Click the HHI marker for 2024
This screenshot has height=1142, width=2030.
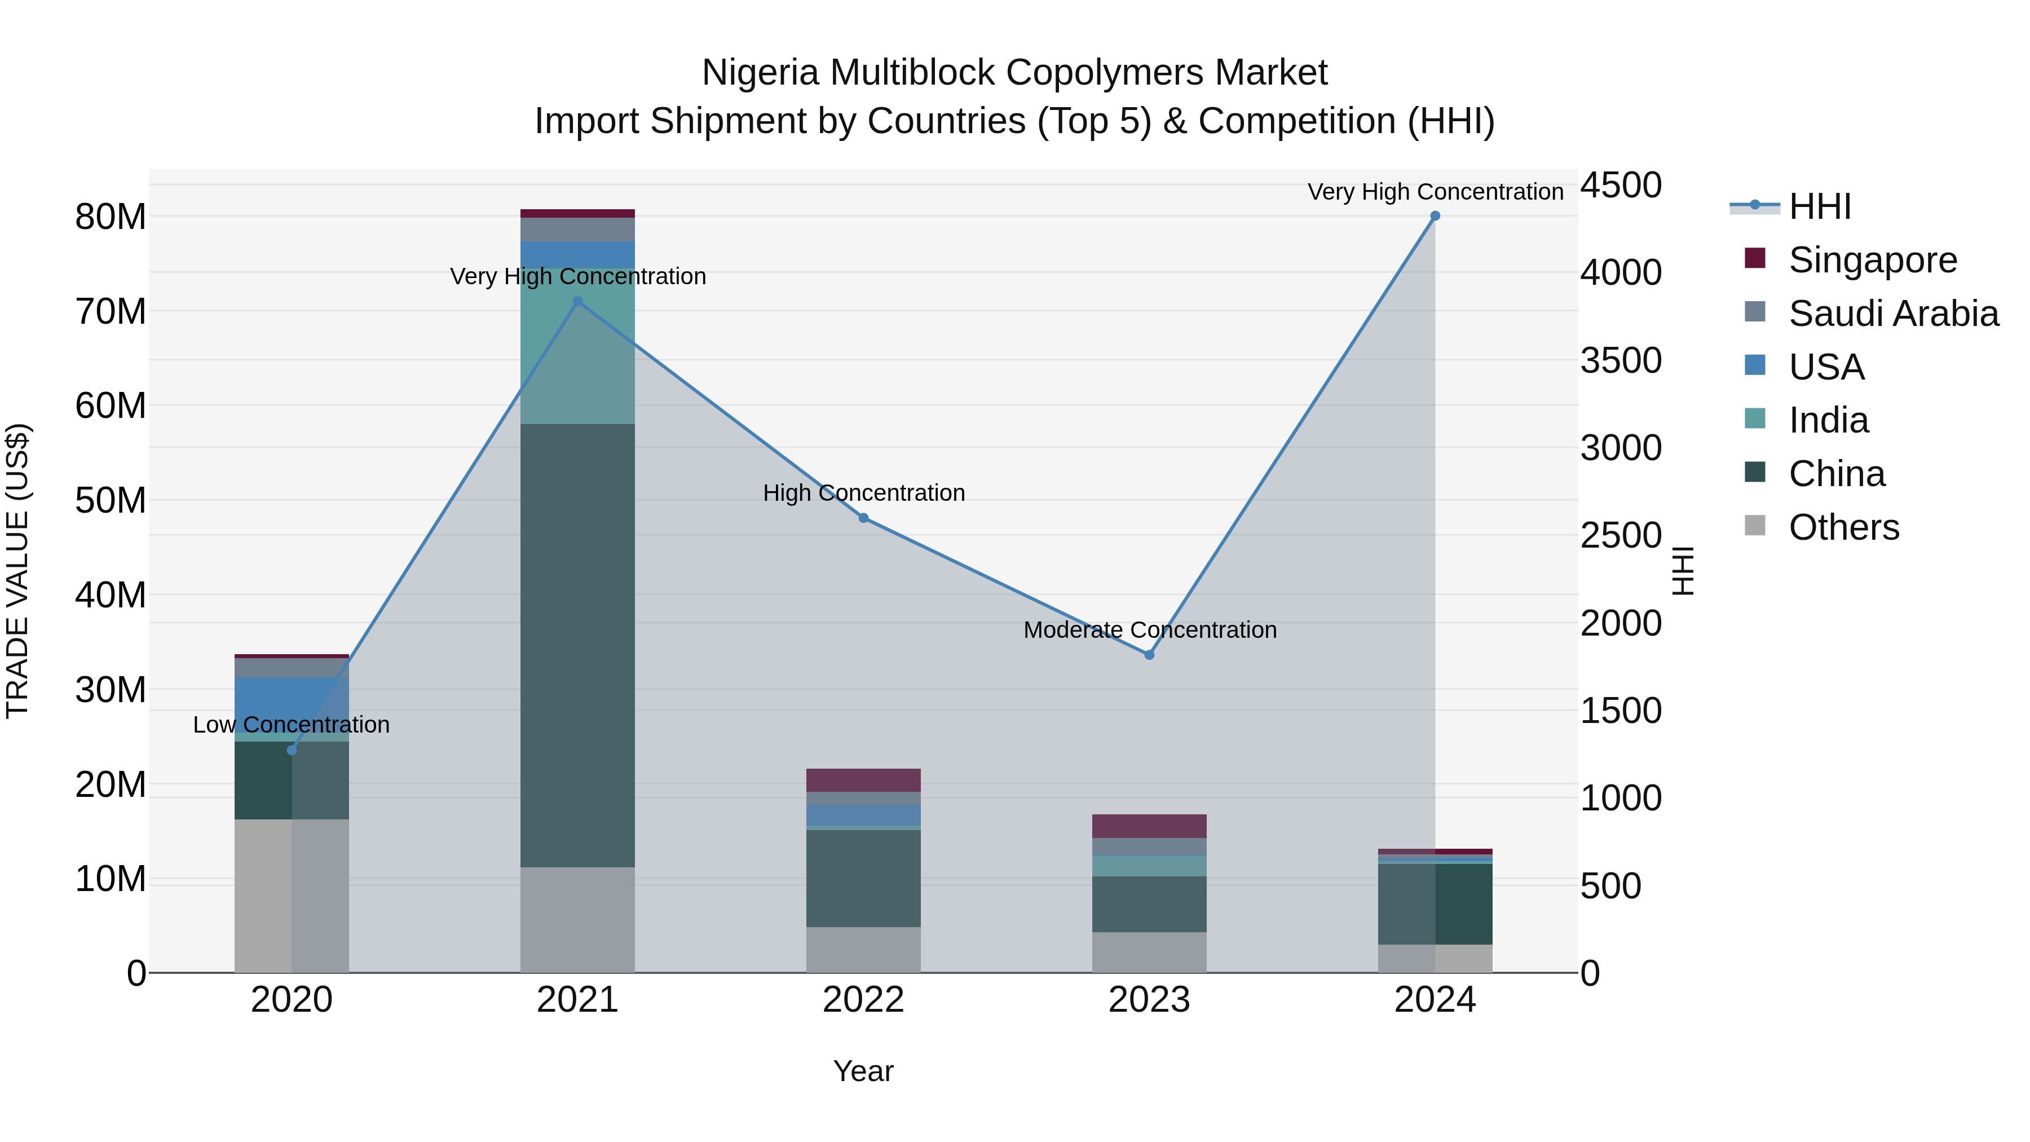pos(1435,216)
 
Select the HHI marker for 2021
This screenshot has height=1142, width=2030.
pos(577,302)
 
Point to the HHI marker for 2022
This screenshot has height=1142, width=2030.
pos(864,518)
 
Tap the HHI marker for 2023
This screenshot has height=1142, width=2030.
pos(1149,655)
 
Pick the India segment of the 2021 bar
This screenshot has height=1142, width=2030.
pos(577,347)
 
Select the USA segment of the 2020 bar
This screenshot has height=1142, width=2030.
pos(292,704)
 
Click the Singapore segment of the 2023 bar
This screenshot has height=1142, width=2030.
pos(1149,826)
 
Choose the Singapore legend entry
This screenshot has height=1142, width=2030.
pos(1872,260)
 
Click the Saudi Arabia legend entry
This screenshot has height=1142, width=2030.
pos(1893,314)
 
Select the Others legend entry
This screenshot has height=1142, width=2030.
pos(1843,527)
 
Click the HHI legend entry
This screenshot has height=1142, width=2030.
pos(1819,206)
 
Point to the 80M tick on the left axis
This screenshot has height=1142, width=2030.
pos(111,217)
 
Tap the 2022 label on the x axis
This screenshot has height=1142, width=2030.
pos(864,1000)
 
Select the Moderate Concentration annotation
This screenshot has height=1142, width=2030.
pos(1150,630)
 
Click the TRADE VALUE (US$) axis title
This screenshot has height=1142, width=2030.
pos(17,571)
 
